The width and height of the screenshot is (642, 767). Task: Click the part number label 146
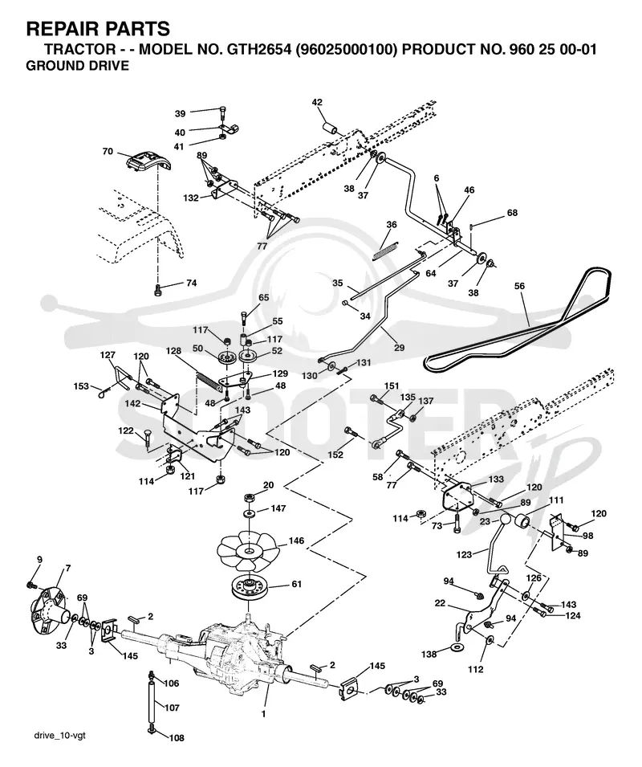click(x=296, y=541)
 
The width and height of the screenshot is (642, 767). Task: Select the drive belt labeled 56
click(x=518, y=322)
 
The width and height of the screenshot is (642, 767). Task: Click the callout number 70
click(x=108, y=152)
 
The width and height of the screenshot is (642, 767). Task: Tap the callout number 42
click(x=317, y=102)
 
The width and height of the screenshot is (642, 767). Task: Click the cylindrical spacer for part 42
click(x=331, y=131)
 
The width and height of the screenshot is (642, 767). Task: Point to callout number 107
click(x=172, y=708)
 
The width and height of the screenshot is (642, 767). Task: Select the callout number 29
click(x=399, y=348)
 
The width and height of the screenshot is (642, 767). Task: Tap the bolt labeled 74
click(x=158, y=290)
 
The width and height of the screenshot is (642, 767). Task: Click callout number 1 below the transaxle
click(x=263, y=714)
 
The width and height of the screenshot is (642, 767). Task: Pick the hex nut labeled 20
click(x=249, y=497)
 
